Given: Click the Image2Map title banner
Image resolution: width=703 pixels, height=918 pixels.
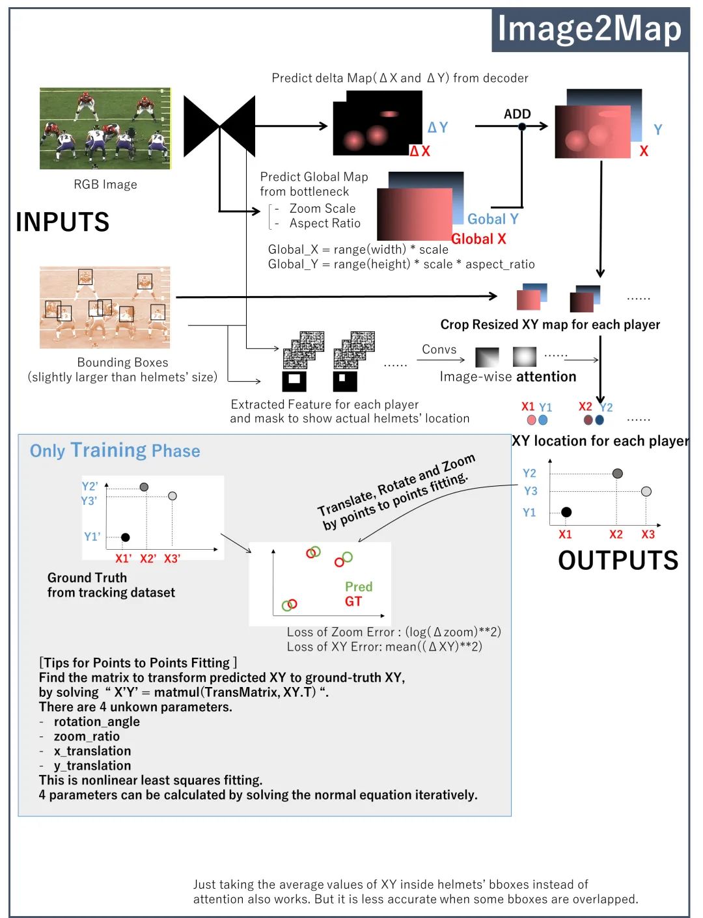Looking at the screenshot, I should click(590, 30).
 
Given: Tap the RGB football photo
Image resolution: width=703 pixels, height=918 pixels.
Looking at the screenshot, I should click(105, 129).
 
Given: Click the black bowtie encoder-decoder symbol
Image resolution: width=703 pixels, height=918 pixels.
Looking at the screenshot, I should click(219, 126).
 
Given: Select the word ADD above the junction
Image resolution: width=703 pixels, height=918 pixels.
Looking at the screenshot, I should click(517, 114).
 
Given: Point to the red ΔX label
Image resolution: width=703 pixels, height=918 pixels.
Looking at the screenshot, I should click(420, 151).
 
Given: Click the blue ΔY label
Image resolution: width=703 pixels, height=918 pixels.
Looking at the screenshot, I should click(437, 128).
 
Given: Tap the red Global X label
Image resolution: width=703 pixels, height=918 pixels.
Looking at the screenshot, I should click(478, 239).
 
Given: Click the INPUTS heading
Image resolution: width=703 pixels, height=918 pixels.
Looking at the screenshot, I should click(62, 222).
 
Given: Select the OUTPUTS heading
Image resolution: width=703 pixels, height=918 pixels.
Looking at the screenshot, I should click(618, 560).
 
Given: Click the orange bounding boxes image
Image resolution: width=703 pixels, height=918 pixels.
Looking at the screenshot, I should click(105, 307).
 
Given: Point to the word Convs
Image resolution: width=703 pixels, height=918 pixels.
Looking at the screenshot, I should click(439, 349).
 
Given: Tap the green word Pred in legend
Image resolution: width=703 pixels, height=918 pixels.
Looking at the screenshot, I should click(359, 586).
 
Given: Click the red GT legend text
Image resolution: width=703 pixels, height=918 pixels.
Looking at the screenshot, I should click(353, 601).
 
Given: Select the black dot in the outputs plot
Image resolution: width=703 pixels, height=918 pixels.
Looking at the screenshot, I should click(566, 512).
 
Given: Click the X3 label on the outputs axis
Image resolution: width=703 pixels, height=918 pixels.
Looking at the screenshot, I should click(648, 534).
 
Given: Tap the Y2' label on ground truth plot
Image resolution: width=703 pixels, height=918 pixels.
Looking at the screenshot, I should click(90, 486).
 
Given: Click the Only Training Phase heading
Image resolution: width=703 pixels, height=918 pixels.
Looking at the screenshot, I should click(115, 450).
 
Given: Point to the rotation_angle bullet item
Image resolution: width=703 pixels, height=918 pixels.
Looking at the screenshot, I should click(96, 722).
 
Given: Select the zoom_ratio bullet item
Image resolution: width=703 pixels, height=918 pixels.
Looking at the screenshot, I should click(87, 736).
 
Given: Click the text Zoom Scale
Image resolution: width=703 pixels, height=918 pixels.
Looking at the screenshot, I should click(322, 208).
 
